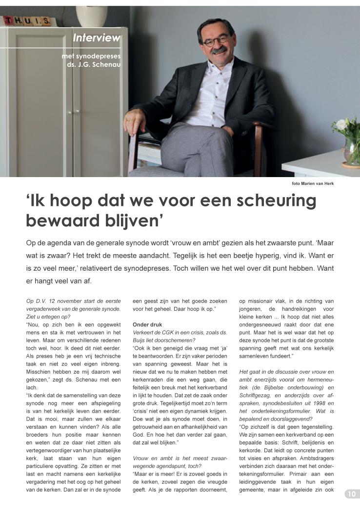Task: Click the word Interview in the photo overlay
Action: tap(96, 38)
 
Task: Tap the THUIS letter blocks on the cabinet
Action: tap(27, 20)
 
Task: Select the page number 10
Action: tap(352, 494)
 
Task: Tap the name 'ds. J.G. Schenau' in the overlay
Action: tap(94, 64)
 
